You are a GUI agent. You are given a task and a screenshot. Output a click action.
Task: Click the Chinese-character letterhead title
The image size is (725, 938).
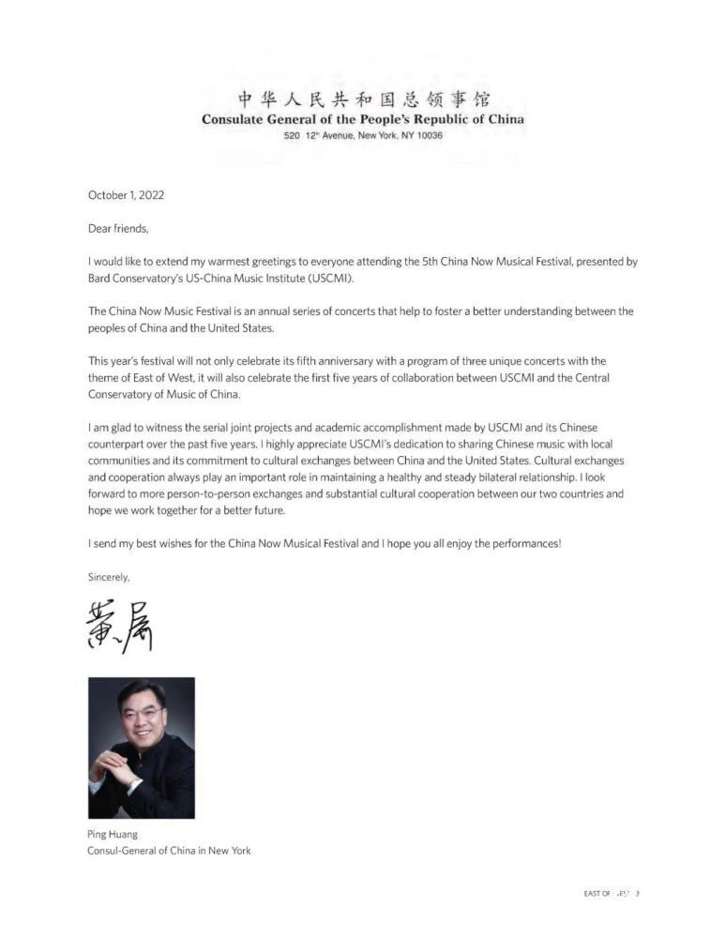(x=363, y=99)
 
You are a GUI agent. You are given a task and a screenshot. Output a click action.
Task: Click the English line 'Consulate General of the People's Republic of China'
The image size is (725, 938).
(x=363, y=119)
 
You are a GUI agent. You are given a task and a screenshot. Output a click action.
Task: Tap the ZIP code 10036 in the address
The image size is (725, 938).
(x=428, y=136)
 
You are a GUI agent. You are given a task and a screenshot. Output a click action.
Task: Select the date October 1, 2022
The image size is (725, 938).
(x=126, y=195)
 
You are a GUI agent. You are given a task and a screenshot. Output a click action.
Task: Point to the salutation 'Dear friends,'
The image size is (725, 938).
(x=118, y=228)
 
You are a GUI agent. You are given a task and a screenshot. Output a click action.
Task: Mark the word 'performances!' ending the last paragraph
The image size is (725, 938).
(x=530, y=544)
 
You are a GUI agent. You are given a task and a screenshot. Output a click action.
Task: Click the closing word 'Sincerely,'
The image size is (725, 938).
(x=109, y=578)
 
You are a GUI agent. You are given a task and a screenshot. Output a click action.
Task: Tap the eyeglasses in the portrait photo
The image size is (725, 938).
(x=140, y=714)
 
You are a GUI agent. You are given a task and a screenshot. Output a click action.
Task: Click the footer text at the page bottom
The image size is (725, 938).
(x=611, y=894)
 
